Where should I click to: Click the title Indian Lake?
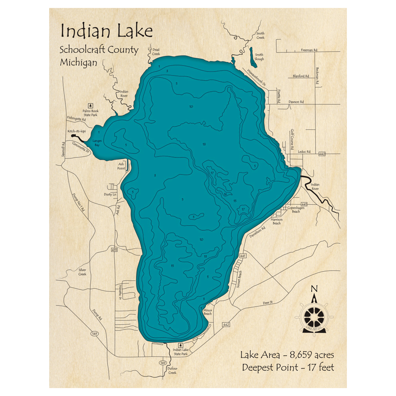[x=106, y=31]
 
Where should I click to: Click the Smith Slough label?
[x=259, y=57]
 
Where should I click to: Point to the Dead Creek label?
[x=156, y=51]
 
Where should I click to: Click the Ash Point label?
[x=121, y=166]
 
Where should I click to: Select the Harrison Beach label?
[x=276, y=221]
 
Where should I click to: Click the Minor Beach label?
[x=208, y=312]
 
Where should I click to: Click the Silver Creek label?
[x=82, y=272]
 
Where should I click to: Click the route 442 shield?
[x=226, y=325]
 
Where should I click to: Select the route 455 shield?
[x=115, y=250]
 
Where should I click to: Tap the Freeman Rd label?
[x=309, y=50]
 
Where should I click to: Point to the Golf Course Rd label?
[x=292, y=139]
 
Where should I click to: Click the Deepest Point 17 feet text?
[x=288, y=367]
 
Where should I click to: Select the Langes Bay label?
[x=97, y=143]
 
